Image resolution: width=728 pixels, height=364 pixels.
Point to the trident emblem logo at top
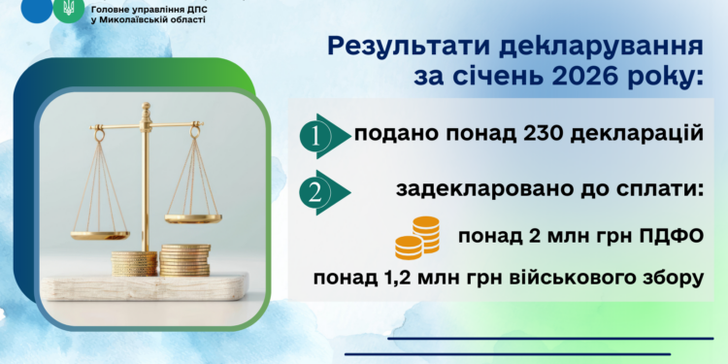click(68, 9)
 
